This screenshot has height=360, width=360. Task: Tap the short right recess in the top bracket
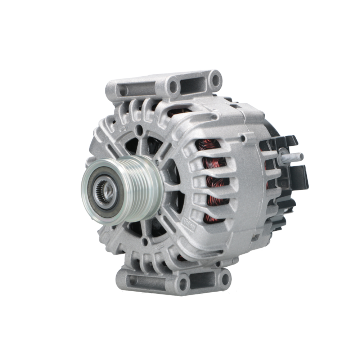click(194, 84)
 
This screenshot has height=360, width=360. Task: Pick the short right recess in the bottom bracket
click(204, 280)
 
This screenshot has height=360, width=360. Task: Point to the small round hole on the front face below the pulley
click(145, 242)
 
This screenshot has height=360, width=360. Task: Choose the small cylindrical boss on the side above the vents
click(244, 137)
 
